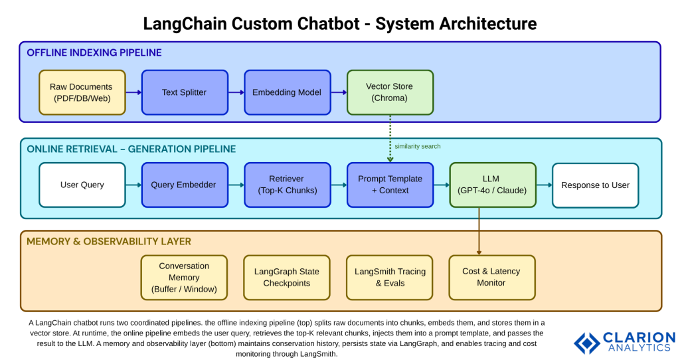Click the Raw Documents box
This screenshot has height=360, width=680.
[82, 92]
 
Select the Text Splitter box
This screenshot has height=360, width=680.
[184, 92]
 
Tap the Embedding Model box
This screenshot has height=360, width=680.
[287, 92]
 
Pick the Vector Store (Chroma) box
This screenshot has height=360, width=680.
[390, 92]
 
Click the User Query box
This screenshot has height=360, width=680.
[82, 185]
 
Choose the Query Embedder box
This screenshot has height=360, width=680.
[184, 185]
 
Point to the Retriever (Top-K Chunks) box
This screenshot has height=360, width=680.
[287, 185]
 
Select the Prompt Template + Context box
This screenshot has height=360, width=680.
[390, 185]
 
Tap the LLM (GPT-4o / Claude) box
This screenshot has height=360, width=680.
[493, 185]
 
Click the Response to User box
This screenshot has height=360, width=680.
[595, 185]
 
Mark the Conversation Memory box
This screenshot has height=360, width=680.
[184, 278]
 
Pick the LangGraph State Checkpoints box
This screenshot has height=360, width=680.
[287, 278]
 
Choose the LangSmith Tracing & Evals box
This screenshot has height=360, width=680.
[390, 278]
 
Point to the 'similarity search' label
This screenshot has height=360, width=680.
[417, 146]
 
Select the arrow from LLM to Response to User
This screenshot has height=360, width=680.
[544, 185]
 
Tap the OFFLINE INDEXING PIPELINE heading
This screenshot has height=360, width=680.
[94, 52]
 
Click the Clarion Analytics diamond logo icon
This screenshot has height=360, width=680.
[587, 343]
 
